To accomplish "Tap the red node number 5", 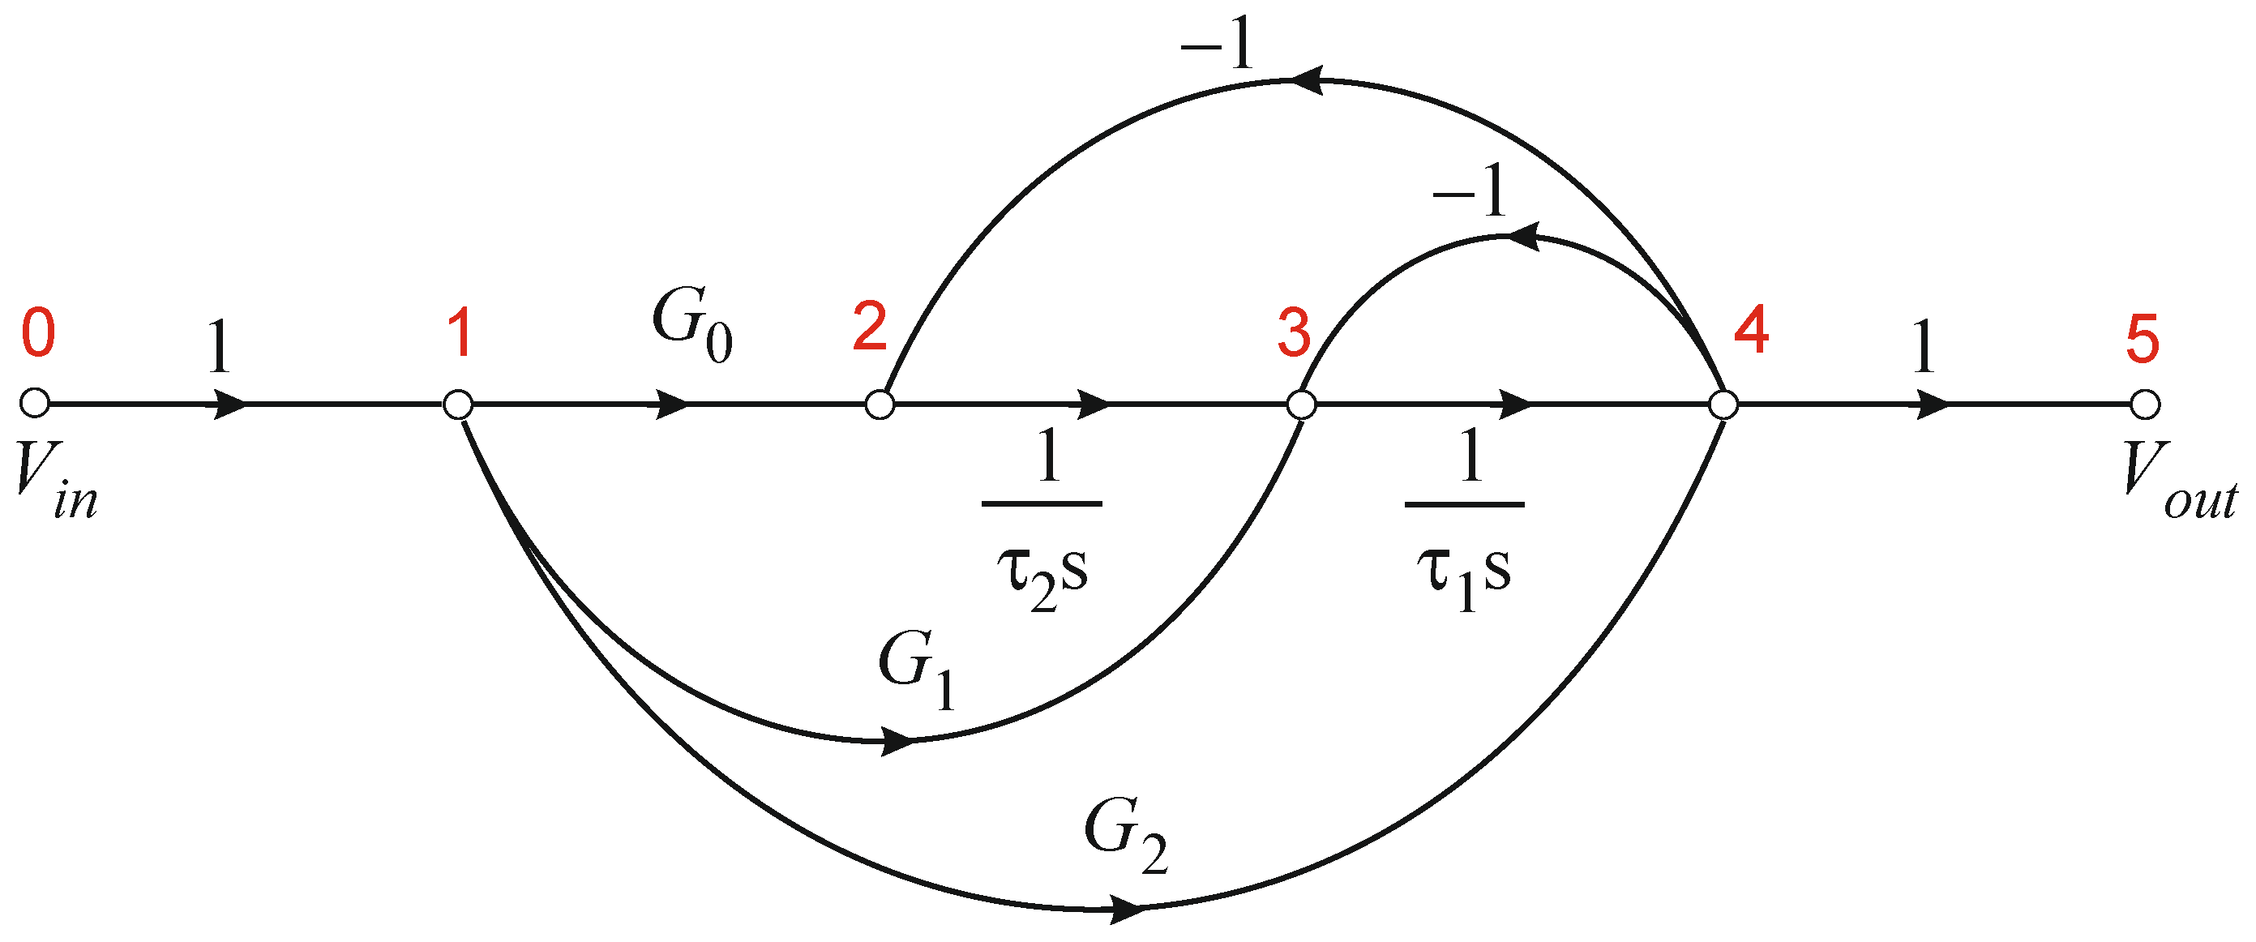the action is point(2143,339).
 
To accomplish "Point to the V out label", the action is point(2180,481).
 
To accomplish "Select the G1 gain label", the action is point(917,670).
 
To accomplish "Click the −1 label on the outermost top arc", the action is point(1218,44).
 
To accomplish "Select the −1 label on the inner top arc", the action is point(1470,190).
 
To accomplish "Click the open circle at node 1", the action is point(458,405).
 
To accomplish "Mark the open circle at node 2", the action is point(880,405).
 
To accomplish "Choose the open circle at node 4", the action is point(1723,405).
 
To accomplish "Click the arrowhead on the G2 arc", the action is point(1128,909).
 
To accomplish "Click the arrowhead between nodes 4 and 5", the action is point(1933,405).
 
